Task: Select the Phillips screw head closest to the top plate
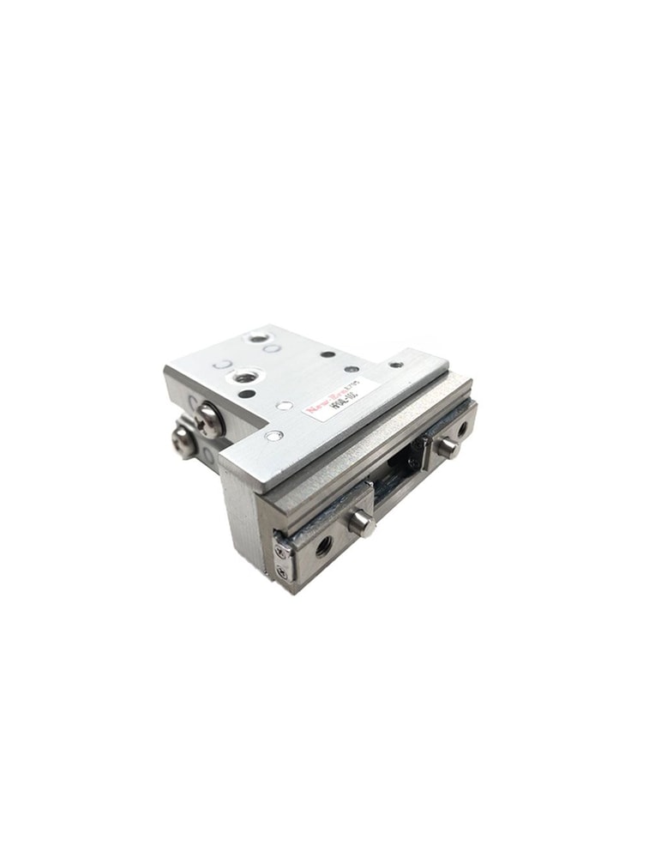coord(208,420)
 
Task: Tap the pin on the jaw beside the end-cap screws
coord(361,521)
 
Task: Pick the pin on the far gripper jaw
coord(446,446)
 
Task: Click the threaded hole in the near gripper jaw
coord(323,544)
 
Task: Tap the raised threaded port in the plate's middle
coord(246,376)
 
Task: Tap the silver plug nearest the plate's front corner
coord(273,436)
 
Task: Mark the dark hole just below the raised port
coord(247,394)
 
